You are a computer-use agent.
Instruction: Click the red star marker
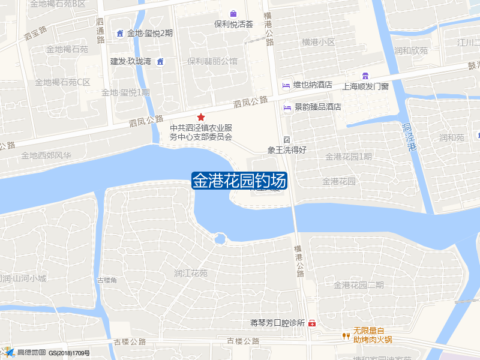point(201,117)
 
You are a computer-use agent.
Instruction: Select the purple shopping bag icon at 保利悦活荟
point(233,14)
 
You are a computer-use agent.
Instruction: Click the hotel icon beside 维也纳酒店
point(287,85)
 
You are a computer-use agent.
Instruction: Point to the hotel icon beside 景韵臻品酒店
point(287,107)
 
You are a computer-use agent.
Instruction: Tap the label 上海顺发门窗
point(365,86)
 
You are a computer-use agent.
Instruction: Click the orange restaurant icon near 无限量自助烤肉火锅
point(346,336)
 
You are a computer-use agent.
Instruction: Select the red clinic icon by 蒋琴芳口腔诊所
point(311,323)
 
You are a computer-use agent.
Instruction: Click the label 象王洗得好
point(287,150)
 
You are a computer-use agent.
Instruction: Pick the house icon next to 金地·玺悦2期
point(120,33)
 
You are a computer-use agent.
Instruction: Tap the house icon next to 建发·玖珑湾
point(160,61)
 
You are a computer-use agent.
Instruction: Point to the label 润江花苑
point(191,273)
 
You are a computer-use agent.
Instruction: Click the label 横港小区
point(319,42)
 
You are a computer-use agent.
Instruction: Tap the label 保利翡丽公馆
point(212,61)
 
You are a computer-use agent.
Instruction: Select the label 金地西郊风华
point(46,155)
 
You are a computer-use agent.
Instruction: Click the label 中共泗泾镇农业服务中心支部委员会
point(201,132)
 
